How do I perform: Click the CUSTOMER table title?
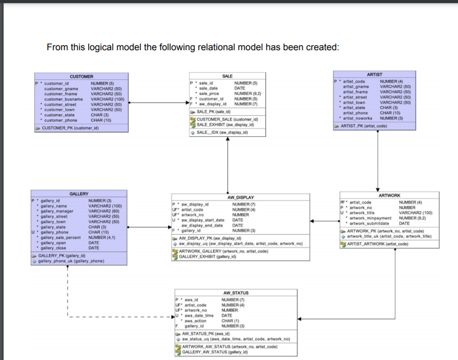pyautogui.click(x=81, y=76)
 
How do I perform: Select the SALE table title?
pyautogui.click(x=227, y=76)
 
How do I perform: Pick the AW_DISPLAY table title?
pyautogui.click(x=240, y=197)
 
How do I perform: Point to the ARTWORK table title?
pyautogui.click(x=389, y=196)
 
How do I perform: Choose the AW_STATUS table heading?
pyautogui.click(x=236, y=293)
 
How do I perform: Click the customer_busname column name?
pyautogui.click(x=64, y=99)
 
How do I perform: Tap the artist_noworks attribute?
pyautogui.click(x=358, y=118)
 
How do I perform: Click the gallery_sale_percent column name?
pyautogui.click(x=60, y=237)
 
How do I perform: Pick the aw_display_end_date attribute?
pyautogui.click(x=202, y=225)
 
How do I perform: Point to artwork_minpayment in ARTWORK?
pyautogui.click(x=370, y=218)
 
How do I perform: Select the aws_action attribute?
pyautogui.click(x=195, y=321)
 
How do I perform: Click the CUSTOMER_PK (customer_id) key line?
pyautogui.click(x=70, y=128)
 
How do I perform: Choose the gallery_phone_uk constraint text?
pyautogui.click(x=71, y=261)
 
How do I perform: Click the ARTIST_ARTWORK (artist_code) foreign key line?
pyautogui.click(x=378, y=244)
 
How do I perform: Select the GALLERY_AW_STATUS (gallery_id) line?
pyautogui.click(x=219, y=352)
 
